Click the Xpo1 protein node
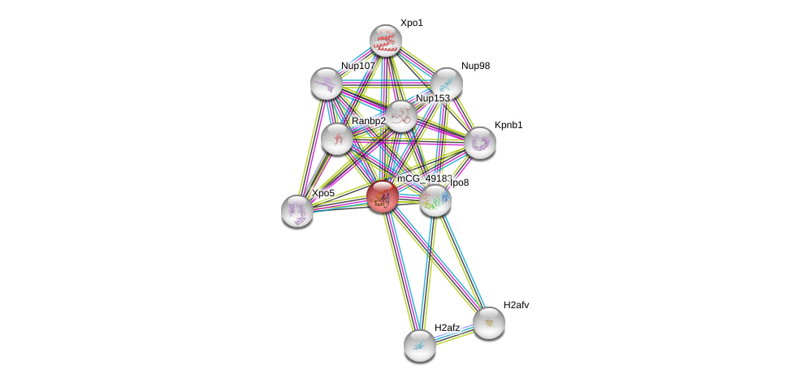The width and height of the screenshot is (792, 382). (386, 41)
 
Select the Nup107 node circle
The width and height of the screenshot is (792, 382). (327, 84)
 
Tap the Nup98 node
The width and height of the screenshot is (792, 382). (446, 84)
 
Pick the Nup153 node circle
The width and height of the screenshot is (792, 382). (400, 117)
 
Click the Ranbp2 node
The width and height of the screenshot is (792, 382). (336, 139)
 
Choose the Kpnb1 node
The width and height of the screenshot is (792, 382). (480, 143)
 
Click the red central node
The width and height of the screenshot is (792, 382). (382, 196)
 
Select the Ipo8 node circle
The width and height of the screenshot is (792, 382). (435, 200)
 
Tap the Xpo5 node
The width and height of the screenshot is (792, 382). (297, 211)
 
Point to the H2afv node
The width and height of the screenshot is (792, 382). (489, 323)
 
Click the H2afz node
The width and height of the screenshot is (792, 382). (420, 346)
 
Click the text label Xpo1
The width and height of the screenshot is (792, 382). (411, 23)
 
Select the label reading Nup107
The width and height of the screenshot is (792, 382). (358, 66)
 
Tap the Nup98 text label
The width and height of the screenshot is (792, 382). (475, 66)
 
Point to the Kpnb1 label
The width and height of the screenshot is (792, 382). (509, 125)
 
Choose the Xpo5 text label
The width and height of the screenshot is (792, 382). (322, 193)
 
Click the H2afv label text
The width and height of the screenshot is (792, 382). (516, 305)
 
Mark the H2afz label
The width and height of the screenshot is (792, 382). (447, 328)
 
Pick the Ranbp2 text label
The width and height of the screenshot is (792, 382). (368, 121)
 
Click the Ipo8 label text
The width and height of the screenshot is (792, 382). (459, 183)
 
